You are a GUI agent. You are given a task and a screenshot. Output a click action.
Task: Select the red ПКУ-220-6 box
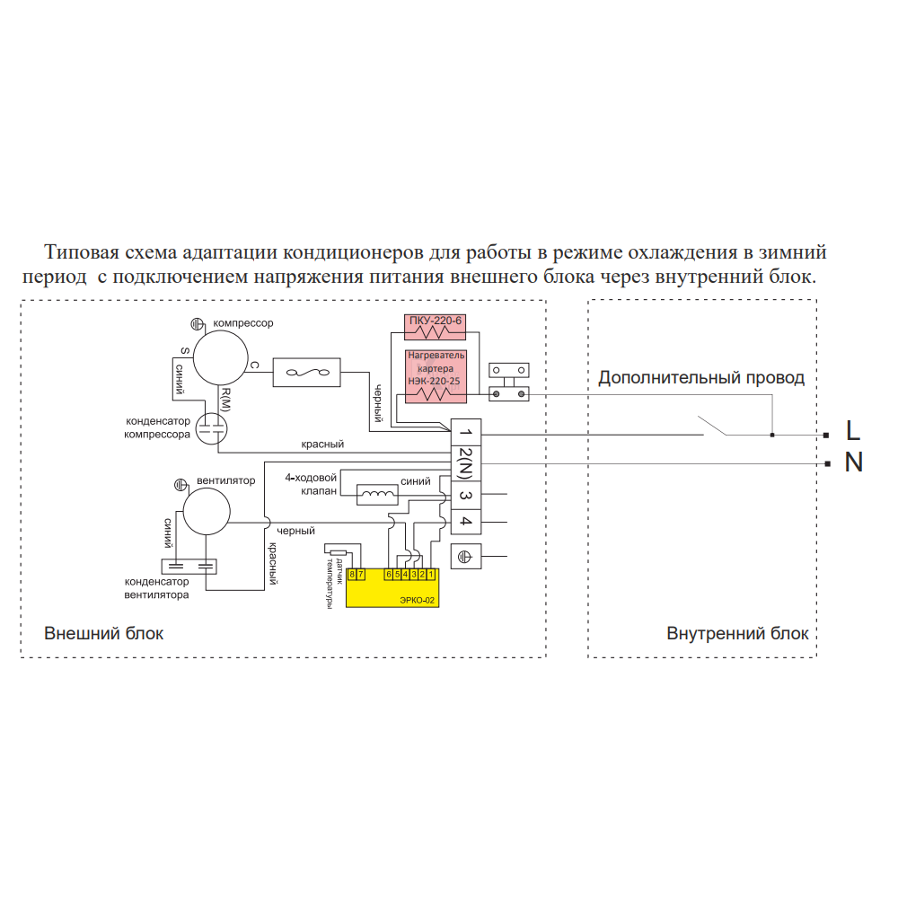pos(436,327)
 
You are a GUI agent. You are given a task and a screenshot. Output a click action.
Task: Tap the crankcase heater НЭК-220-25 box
pos(436,376)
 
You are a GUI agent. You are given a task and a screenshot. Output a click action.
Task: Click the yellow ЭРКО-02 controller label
pos(417,600)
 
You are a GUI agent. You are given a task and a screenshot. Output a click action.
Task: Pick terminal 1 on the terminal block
pos(465,433)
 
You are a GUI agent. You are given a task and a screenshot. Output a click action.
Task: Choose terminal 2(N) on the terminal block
pos(465,463)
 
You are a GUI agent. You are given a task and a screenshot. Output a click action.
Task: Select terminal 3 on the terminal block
pos(465,495)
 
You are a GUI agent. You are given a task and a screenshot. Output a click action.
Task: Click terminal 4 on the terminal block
pos(465,522)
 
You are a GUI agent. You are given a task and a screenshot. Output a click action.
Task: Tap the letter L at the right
pos(853,430)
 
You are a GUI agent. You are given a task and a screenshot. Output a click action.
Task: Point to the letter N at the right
pos(853,462)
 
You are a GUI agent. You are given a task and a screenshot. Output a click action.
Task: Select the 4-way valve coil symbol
pos(377,495)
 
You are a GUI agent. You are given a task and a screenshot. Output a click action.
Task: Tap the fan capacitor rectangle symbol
pos(189,567)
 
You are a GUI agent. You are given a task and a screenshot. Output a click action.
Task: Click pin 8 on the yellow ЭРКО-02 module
pos(352,574)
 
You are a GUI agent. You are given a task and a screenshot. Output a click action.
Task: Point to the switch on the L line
pos(712,426)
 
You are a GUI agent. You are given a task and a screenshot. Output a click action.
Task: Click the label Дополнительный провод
pos(701,378)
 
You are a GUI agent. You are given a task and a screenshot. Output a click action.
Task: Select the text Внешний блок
pos(103,633)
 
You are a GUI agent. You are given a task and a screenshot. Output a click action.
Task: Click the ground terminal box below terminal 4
pos(465,556)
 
